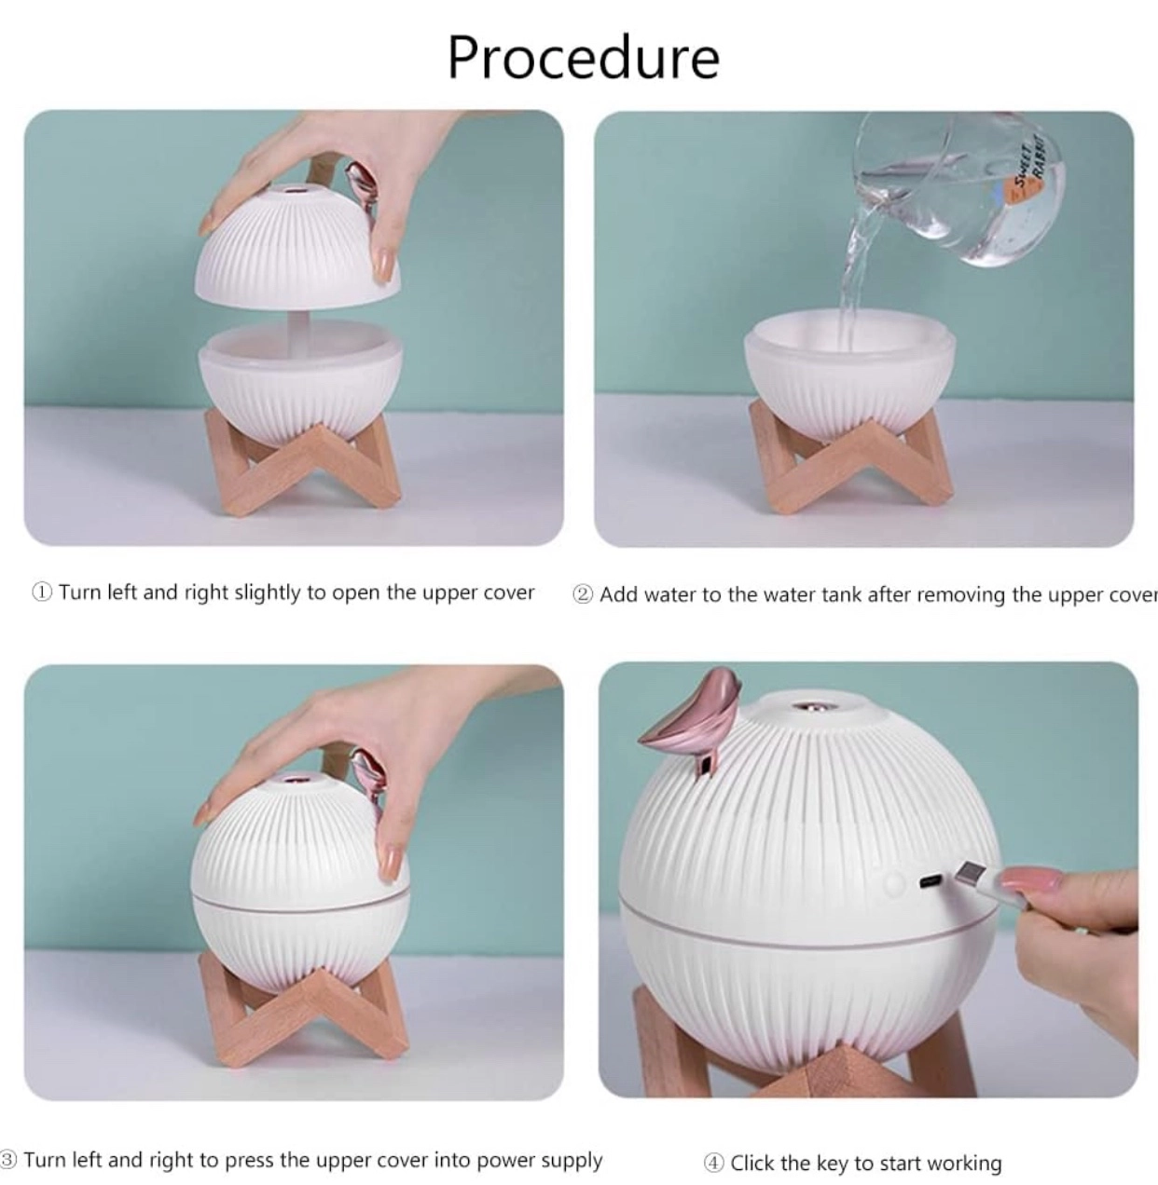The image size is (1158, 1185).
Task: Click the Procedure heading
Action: coord(584,58)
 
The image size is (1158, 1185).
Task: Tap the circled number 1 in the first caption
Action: coord(41,592)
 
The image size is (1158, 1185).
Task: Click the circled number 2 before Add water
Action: coord(582,594)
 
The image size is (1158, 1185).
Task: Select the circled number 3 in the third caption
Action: coord(8,1160)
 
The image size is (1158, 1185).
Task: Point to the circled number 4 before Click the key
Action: coord(713,1163)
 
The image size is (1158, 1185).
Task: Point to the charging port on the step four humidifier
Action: coord(931,880)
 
